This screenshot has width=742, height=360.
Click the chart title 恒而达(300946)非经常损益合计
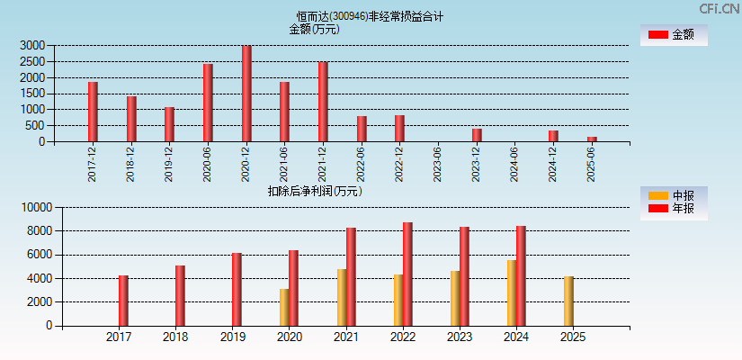pyautogui.click(x=370, y=16)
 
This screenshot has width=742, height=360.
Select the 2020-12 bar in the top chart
pyautogui.click(x=246, y=94)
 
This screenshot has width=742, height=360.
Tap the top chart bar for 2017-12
pyautogui.click(x=93, y=112)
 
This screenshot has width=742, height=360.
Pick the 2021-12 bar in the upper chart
pyautogui.click(x=323, y=102)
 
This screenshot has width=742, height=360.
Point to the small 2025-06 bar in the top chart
pyautogui.click(x=592, y=139)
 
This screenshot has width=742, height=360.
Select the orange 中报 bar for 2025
pyautogui.click(x=568, y=301)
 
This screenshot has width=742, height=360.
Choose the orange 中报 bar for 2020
pyautogui.click(x=284, y=307)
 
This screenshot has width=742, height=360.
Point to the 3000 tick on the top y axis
pyautogui.click(x=31, y=45)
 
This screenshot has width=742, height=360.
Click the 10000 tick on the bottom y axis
pyautogui.click(x=35, y=207)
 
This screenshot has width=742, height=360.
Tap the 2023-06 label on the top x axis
pyautogui.click(x=438, y=163)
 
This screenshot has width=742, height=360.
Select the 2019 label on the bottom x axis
pyautogui.click(x=232, y=337)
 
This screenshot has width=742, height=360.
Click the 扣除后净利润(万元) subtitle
pyautogui.click(x=315, y=191)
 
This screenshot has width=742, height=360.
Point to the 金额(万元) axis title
pyautogui.click(x=314, y=29)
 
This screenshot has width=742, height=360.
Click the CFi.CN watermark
pyautogui.click(x=720, y=9)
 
